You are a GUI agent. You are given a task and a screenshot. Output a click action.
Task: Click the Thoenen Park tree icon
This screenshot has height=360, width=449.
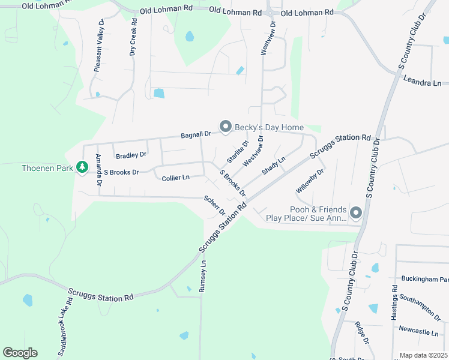(82, 169)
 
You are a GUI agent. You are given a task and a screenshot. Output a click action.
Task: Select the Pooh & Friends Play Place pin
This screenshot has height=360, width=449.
(355, 213)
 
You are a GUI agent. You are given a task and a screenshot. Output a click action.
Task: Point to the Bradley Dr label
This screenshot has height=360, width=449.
(131, 155)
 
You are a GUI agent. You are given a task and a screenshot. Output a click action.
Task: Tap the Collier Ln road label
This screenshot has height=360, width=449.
(175, 178)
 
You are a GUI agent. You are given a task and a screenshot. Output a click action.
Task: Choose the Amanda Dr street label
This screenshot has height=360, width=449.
(98, 167)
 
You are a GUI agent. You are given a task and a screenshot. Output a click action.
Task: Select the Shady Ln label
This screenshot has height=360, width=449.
(273, 164)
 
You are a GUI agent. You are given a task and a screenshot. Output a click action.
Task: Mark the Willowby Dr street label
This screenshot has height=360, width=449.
(310, 181)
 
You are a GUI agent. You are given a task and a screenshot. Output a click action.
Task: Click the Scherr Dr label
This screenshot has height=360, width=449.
(214, 205)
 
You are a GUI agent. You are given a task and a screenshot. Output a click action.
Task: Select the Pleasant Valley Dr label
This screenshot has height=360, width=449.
(99, 46)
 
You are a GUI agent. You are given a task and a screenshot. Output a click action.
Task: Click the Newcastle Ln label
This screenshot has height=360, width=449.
(418, 332)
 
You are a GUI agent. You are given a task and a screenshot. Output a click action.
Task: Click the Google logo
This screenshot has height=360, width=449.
(20, 353)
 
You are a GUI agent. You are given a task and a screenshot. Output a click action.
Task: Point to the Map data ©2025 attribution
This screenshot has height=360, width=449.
(423, 355)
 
